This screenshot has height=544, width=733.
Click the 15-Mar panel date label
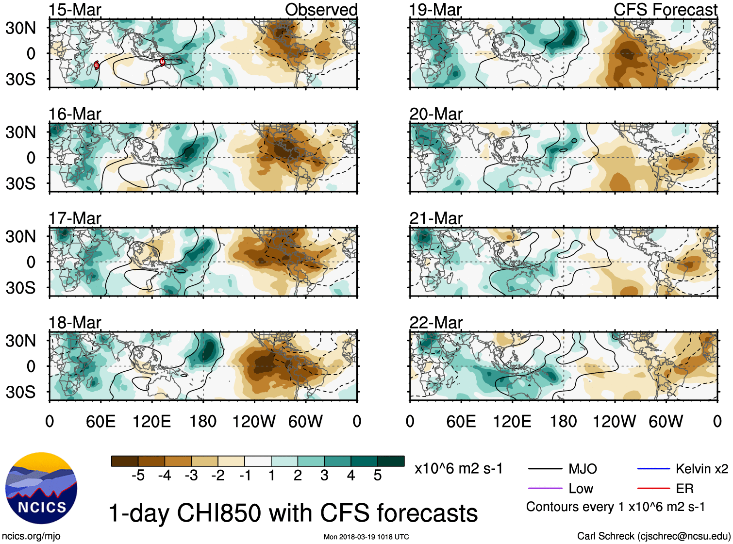tap(75, 10)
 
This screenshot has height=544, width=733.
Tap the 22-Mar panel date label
tap(436, 323)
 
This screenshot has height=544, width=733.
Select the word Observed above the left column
tap(321, 10)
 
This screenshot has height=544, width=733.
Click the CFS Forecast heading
tap(665, 10)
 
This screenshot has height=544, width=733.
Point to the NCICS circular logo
tap(41, 488)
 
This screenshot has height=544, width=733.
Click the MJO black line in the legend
tap(545, 469)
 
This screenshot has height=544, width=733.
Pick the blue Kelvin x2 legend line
tap(653, 469)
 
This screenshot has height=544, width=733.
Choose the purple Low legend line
tap(545, 488)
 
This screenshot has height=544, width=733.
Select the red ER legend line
tap(653, 488)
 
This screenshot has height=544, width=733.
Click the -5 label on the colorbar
tap(138, 476)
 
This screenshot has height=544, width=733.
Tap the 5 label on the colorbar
tap(378, 476)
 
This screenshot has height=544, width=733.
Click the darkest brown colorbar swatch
tap(125, 461)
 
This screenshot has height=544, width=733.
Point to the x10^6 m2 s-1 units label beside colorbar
tap(458, 469)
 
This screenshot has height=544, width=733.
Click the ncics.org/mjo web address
tap(31, 536)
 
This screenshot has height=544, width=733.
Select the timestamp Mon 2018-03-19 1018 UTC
tap(366, 537)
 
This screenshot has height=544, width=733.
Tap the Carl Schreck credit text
tap(653, 536)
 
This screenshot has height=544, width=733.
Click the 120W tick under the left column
tap(254, 421)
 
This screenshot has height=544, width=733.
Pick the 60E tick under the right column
tap(461, 421)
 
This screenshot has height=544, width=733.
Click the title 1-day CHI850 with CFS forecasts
tap(293, 513)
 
